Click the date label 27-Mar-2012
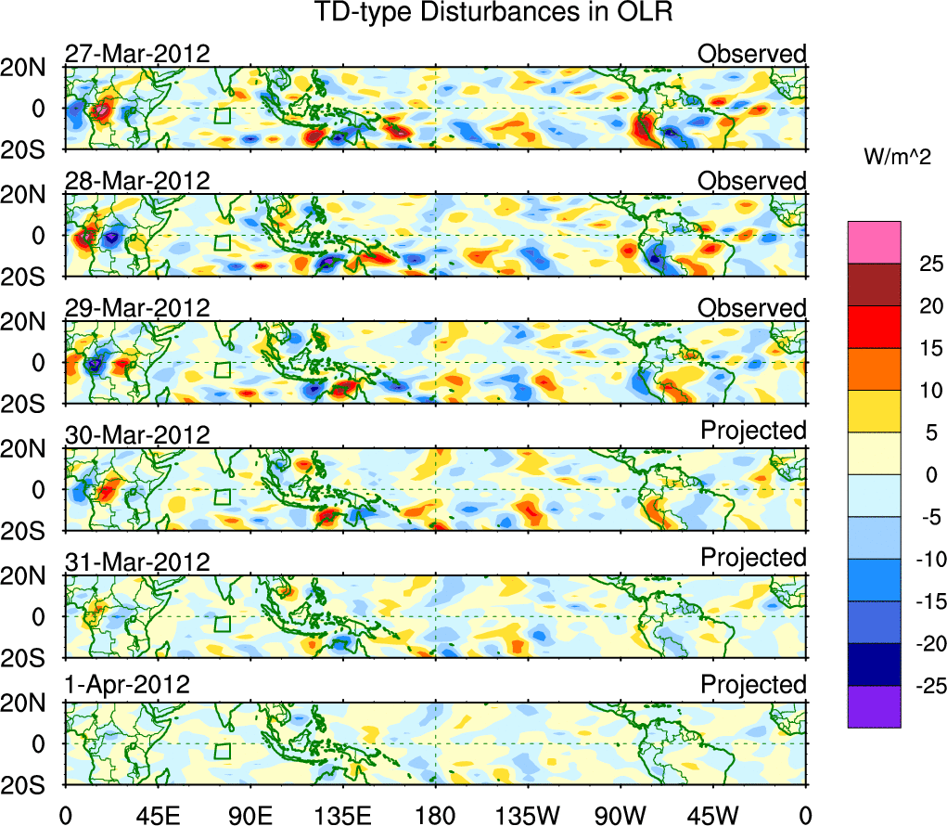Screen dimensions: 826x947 tap(137, 54)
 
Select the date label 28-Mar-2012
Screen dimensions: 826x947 tap(137, 181)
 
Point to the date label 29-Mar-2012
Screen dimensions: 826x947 tap(137, 308)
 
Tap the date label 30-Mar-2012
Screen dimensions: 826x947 tap(137, 434)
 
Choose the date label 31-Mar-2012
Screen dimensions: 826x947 tap(137, 561)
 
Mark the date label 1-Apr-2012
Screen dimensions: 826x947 tap(128, 686)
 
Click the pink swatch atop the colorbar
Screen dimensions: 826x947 tap(874, 242)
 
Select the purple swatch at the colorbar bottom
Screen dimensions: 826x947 tap(874, 706)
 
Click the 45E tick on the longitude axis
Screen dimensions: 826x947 tap(157, 816)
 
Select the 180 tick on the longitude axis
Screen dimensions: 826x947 tap(435, 816)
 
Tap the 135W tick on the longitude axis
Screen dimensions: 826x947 tap(528, 816)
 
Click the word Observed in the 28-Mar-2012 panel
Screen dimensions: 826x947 tap(752, 181)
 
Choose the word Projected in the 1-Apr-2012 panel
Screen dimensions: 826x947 tap(753, 685)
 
